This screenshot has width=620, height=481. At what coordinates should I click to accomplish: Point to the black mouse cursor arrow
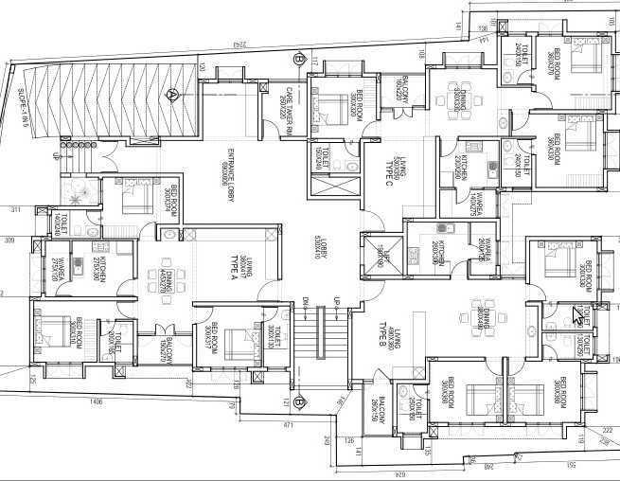tap(578, 315)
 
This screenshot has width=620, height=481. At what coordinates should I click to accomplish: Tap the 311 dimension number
tap(14, 209)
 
